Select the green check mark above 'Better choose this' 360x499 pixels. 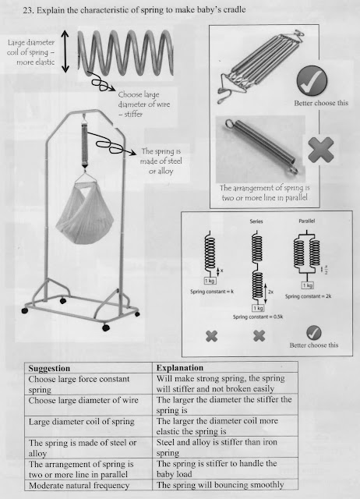[x=312, y=79]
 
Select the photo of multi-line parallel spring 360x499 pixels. [x=257, y=66]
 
